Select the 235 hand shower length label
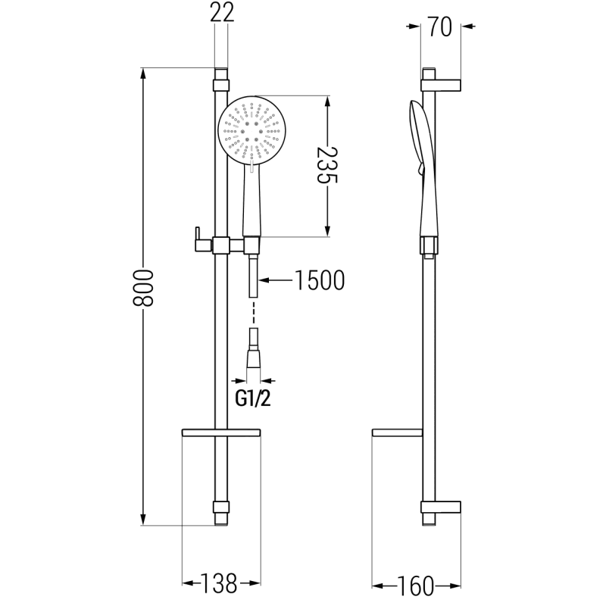(326, 167)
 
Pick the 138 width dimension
(220, 583)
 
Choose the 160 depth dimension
(417, 586)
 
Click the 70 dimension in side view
(441, 29)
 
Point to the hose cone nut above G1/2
(257, 356)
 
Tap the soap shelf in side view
(398, 433)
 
